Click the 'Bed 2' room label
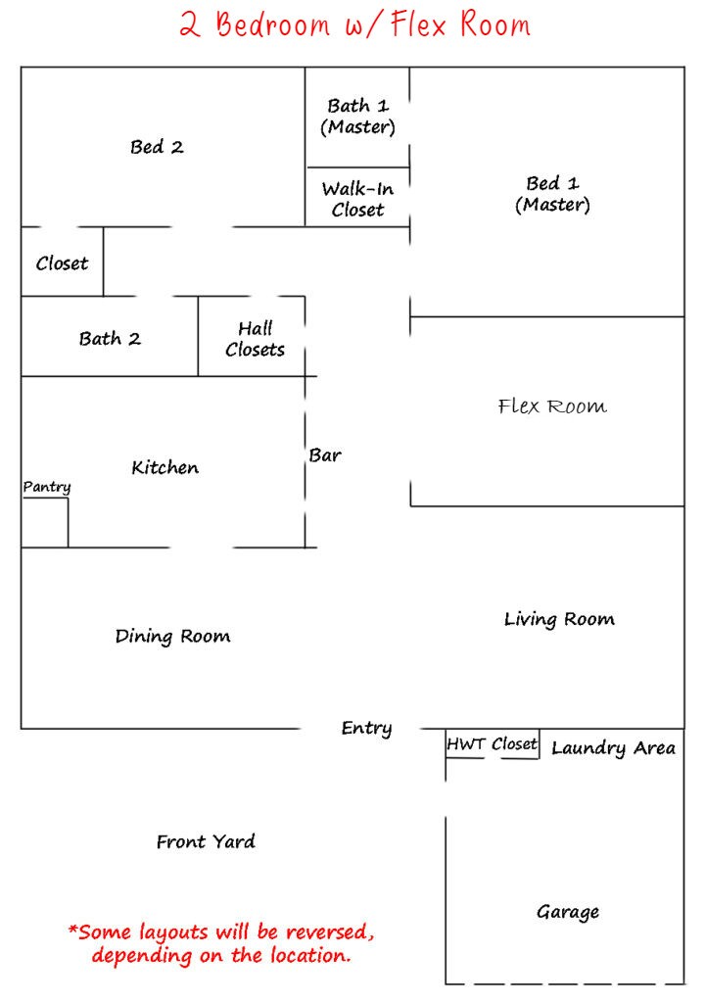click(157, 147)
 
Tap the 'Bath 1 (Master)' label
click(357, 117)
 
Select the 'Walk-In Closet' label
click(357, 199)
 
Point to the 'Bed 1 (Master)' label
click(553, 195)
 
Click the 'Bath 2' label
click(110, 338)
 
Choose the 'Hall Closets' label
click(255, 339)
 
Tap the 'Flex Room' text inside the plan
click(552, 406)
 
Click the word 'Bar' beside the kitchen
click(325, 455)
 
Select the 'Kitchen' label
click(165, 467)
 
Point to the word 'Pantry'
click(47, 488)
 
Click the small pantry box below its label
click(45, 523)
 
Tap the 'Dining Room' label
click(172, 637)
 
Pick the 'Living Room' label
click(559, 619)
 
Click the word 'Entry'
click(366, 729)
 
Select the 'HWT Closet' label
click(492, 744)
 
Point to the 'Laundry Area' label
click(613, 748)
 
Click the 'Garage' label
click(568, 912)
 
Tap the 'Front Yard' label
click(206, 841)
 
